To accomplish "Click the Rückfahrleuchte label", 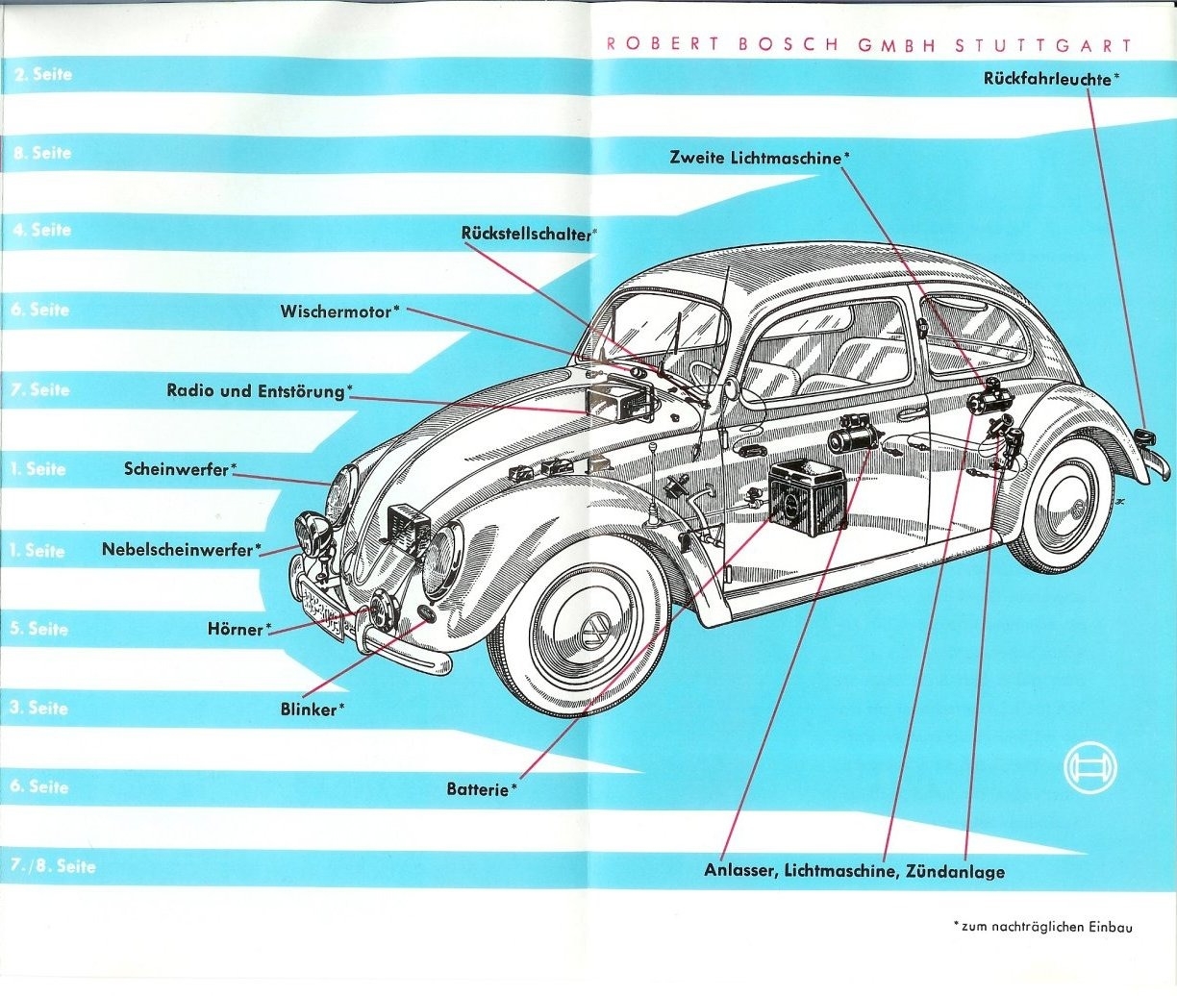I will click(x=1049, y=78).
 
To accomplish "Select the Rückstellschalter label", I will click(x=527, y=234).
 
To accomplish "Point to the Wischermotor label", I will click(x=338, y=311).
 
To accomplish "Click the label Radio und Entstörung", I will click(x=257, y=390).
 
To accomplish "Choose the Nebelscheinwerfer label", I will click(x=179, y=550).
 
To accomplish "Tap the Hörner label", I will click(x=237, y=629).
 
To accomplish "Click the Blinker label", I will click(x=311, y=710).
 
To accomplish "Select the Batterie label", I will click(x=478, y=789).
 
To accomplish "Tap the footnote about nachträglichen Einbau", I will click(x=1044, y=927).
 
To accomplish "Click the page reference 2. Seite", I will click(x=43, y=74).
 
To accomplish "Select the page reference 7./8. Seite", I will click(x=54, y=865).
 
